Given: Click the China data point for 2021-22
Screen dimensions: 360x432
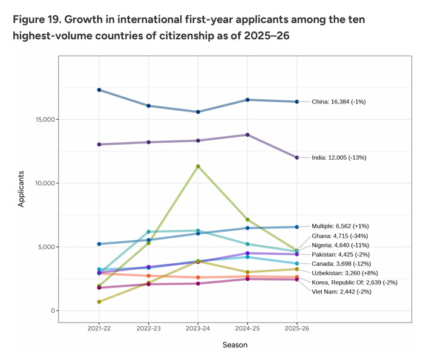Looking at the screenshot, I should pos(99,90).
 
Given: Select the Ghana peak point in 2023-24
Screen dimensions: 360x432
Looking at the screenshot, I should pos(198,166).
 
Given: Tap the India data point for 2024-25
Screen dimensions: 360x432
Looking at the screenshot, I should pos(247,135).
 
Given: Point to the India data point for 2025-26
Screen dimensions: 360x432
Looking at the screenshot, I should pos(296,157).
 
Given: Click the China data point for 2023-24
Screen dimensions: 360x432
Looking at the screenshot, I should pos(198,112).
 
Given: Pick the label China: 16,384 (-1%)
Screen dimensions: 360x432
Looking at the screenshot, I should pos(338,102).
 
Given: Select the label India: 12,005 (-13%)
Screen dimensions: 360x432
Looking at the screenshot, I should pos(339,157).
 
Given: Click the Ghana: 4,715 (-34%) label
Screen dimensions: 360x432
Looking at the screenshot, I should pos(339,235).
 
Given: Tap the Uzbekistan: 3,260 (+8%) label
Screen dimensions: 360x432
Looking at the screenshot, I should pos(345,273).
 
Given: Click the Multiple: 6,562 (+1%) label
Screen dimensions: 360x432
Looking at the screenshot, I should pos(342,226).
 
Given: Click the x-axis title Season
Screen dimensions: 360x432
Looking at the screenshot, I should pos(235,345).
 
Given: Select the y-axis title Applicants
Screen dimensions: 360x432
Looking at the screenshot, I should pos(21,189).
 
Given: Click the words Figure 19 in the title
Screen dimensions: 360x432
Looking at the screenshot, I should pos(33,20).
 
